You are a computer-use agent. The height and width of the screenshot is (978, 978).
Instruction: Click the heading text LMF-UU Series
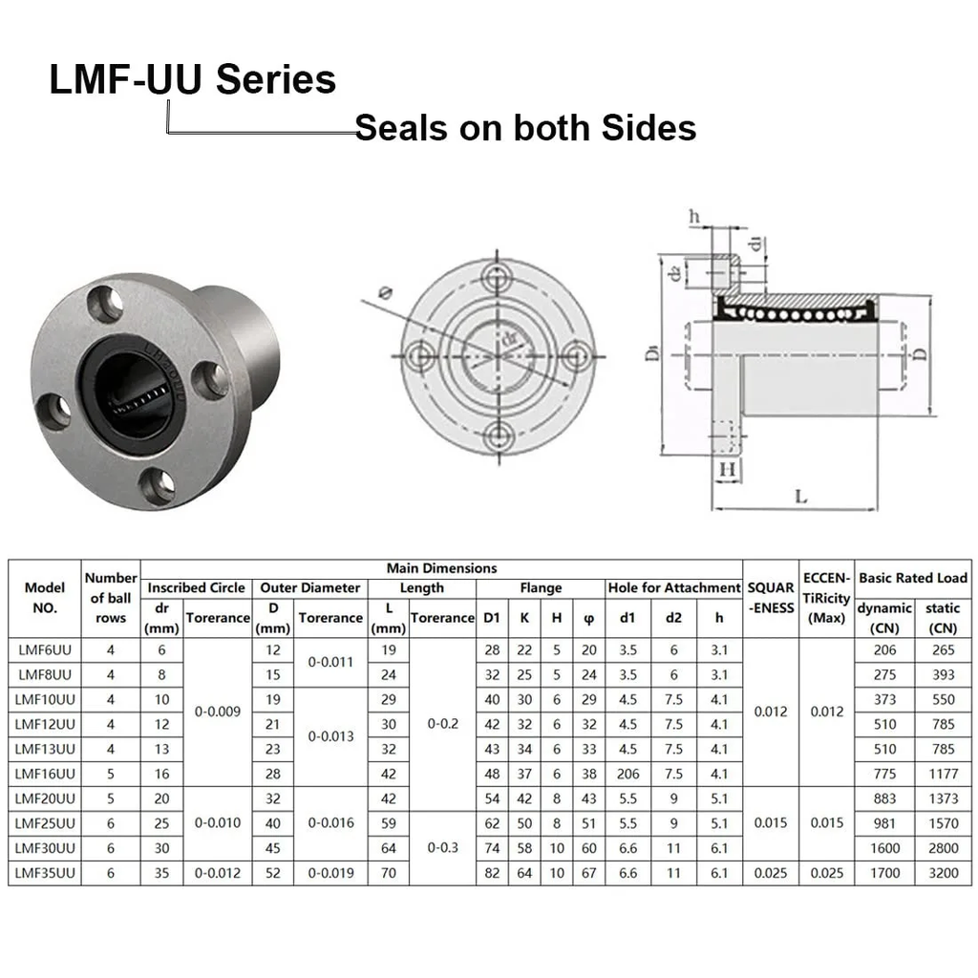pyautogui.click(x=192, y=79)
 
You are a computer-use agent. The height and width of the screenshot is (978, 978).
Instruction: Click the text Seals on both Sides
pyautogui.click(x=525, y=127)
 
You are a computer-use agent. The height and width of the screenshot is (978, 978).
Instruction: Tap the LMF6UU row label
pyautogui.click(x=45, y=649)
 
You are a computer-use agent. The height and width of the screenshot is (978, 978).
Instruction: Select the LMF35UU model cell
pyautogui.click(x=45, y=872)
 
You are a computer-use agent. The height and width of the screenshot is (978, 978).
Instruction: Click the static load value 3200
pyautogui.click(x=942, y=872)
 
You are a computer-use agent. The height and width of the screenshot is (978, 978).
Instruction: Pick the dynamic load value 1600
pyautogui.click(x=884, y=847)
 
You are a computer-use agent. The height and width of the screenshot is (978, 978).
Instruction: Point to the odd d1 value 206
pyautogui.click(x=627, y=773)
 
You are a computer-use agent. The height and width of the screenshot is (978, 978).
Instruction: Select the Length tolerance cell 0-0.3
pyautogui.click(x=443, y=847)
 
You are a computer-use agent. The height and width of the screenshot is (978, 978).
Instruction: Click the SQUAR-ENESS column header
pyautogui.click(x=770, y=598)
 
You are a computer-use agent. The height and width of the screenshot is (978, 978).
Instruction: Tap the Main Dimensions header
pyautogui.click(x=441, y=568)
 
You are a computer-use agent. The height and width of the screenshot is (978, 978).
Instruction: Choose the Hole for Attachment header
pyautogui.click(x=673, y=588)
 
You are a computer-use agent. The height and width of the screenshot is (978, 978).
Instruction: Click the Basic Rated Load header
pyautogui.click(x=913, y=578)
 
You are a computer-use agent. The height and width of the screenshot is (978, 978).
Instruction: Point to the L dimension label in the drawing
pyautogui.click(x=800, y=496)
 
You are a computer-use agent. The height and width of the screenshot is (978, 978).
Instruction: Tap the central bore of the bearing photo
pyautogui.click(x=135, y=393)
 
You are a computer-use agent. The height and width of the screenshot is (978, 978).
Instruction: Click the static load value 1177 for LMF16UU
pyautogui.click(x=942, y=773)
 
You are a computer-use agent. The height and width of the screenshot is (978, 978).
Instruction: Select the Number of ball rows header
pyautogui.click(x=111, y=598)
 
